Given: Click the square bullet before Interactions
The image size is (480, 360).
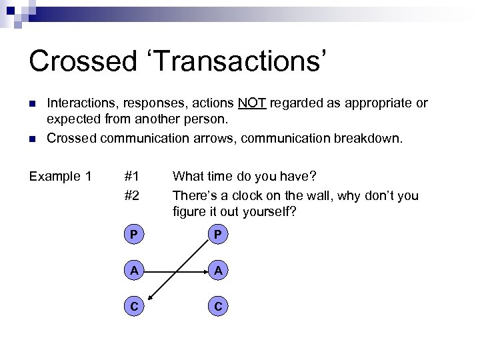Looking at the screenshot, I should pos(31,104).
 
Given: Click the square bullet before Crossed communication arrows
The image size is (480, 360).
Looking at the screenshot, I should pos(31,138).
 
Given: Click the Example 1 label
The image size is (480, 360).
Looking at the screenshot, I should pos(61,177).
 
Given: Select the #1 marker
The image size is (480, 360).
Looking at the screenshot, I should pos(131,177).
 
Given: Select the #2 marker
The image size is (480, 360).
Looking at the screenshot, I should pos(131,196).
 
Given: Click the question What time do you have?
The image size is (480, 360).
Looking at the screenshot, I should pos(244,177).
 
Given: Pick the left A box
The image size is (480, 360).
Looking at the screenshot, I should pos(134,271).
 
